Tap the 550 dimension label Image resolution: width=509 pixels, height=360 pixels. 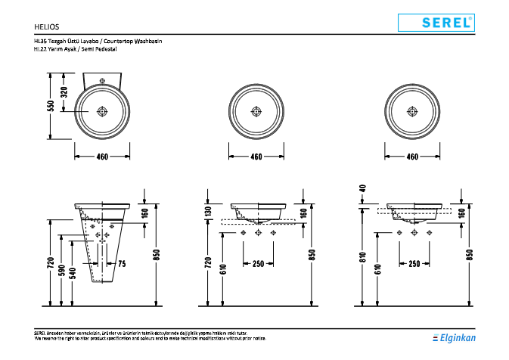tap(51, 106)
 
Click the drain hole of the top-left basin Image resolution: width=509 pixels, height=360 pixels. tap(102, 112)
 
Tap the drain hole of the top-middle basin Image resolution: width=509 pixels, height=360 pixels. tap(256, 112)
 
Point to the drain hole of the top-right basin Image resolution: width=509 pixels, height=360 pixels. tap(412, 112)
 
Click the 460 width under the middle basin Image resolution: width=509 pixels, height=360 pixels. tap(256, 157)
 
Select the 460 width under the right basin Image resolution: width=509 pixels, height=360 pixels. tap(412, 157)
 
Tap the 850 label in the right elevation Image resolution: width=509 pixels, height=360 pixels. tap(469, 256)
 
